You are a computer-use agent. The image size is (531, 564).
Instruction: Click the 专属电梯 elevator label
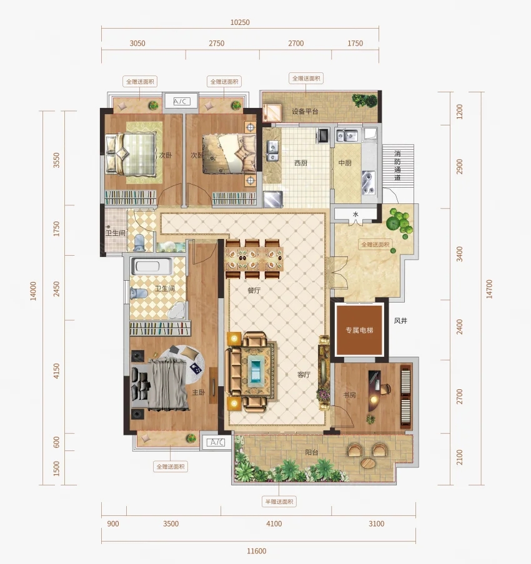[x=359, y=330]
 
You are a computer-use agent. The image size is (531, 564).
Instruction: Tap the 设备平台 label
[x=305, y=111]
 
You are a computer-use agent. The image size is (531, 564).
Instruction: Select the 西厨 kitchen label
[x=301, y=163]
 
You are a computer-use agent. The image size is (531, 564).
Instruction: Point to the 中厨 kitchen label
[x=345, y=163]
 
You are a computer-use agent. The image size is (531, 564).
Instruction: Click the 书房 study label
[x=349, y=395]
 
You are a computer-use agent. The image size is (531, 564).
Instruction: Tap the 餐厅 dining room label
[x=254, y=290]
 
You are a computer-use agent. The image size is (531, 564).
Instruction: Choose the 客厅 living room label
[x=304, y=374]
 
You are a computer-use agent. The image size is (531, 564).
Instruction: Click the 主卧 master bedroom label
[x=199, y=392]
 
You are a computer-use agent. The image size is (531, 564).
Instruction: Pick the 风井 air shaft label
[x=400, y=321]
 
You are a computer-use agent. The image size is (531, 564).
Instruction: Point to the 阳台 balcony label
[x=312, y=452]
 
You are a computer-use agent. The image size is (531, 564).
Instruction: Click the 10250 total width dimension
[x=240, y=22]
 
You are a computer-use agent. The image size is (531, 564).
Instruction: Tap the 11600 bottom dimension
[x=257, y=551]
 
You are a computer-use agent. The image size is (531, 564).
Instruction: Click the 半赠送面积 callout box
[x=279, y=502]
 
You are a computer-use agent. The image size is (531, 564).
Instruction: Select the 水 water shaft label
[x=355, y=215]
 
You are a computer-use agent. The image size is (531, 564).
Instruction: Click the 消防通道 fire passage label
[x=397, y=165]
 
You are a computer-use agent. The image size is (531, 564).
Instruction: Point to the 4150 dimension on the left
[x=56, y=371]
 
